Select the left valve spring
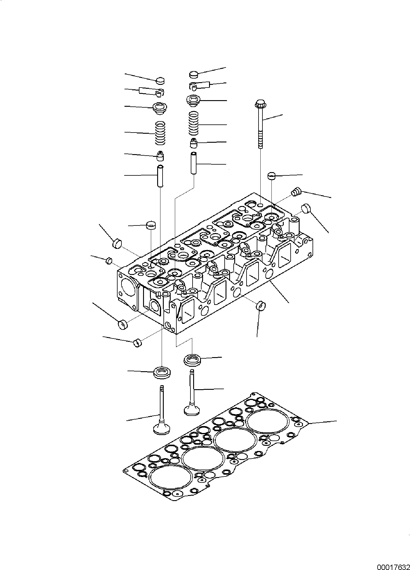pyautogui.click(x=160, y=133)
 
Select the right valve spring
pyautogui.click(x=194, y=123)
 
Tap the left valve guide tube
pyautogui.click(x=161, y=176)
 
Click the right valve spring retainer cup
pyautogui.click(x=193, y=100)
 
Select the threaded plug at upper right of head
pyautogui.click(x=296, y=192)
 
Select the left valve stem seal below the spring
pyautogui.click(x=161, y=155)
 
